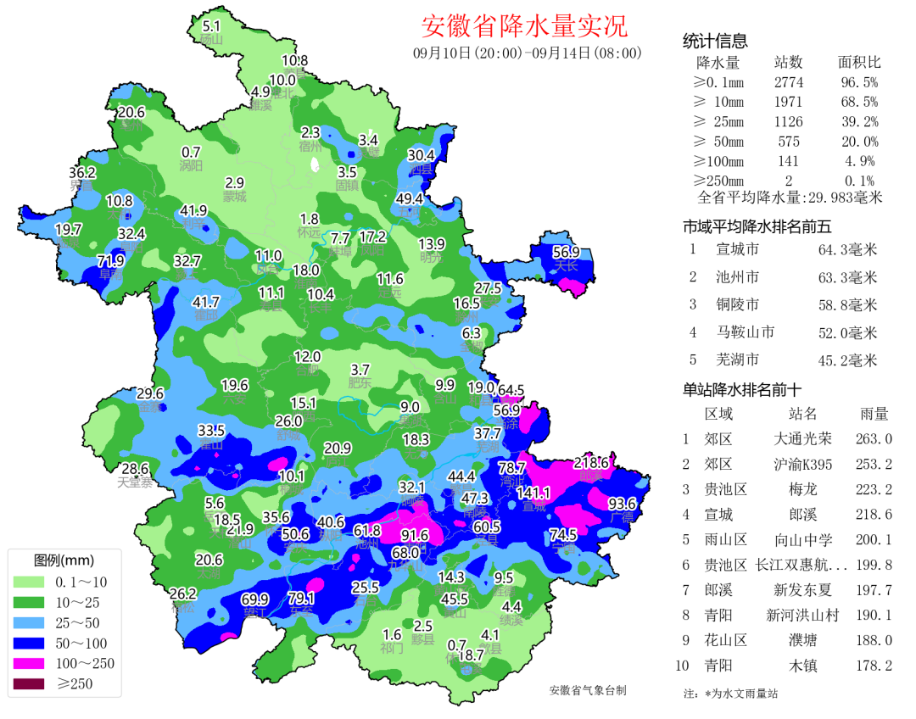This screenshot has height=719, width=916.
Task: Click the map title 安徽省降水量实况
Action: [524, 26]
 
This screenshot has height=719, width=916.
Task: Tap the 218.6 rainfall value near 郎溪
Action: [591, 463]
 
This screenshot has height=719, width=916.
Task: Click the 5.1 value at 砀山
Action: [211, 26]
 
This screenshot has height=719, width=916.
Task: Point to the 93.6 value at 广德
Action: [622, 504]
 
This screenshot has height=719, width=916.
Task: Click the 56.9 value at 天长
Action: [566, 252]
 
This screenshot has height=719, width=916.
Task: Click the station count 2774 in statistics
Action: [788, 82]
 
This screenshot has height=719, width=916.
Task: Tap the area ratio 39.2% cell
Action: [859, 121]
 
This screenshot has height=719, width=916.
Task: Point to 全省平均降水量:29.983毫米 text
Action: [790, 198]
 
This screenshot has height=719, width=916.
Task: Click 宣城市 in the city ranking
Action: [737, 249]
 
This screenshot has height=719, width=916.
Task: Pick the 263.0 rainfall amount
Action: [874, 439]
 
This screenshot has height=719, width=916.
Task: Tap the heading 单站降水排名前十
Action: [742, 390]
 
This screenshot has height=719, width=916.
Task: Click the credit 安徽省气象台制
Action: [588, 690]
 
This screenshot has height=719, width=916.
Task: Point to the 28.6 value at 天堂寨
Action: [136, 469]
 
